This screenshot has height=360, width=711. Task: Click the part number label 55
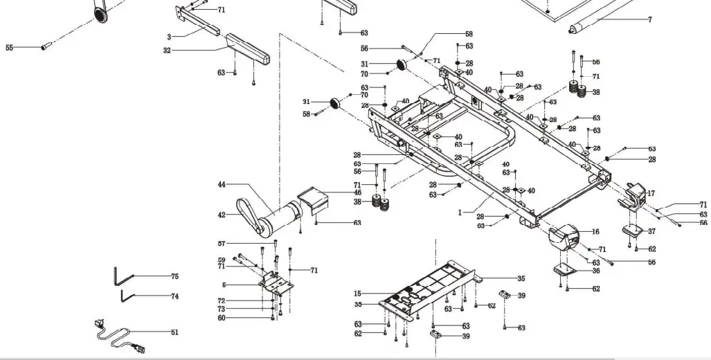9,48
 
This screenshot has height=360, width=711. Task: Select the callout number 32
168,50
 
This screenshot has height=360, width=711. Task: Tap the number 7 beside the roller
649,20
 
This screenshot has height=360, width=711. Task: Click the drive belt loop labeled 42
248,214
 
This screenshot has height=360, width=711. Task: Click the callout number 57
222,244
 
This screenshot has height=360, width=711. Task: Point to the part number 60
222,318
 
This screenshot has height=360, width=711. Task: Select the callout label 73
222,309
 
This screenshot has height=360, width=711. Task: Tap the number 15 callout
357,294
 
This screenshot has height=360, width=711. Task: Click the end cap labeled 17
634,195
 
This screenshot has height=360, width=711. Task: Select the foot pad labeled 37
633,231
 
